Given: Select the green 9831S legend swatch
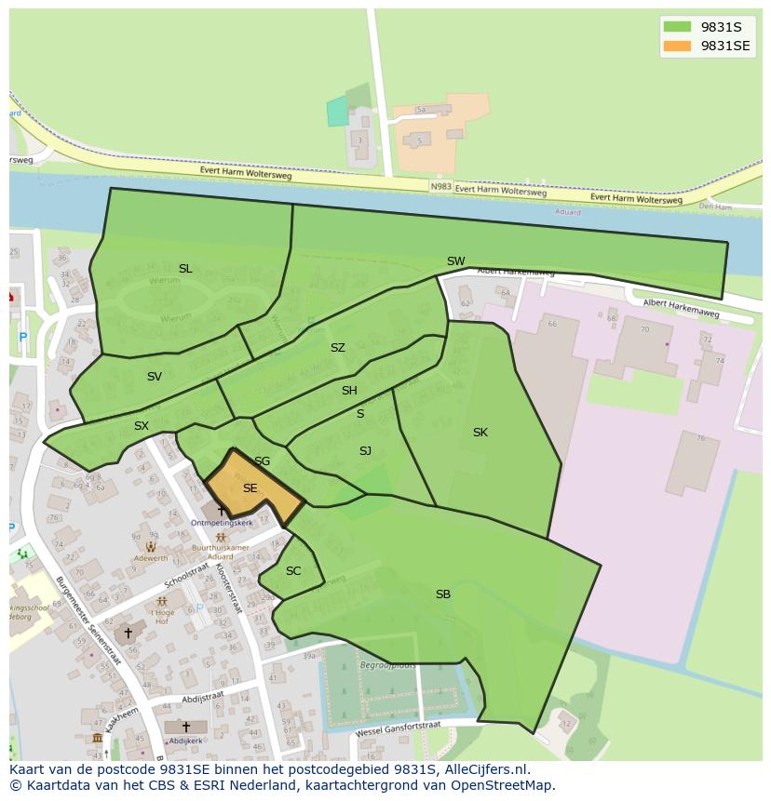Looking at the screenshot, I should click(678, 27).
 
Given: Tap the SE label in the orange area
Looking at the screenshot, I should click(250, 488).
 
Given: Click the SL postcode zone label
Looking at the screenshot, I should click(185, 269).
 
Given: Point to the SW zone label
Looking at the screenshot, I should click(455, 261).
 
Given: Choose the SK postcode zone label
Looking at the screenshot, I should click(480, 433).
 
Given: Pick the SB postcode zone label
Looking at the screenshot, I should click(443, 594).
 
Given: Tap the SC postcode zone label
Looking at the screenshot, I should click(293, 571).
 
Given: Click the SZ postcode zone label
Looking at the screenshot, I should click(337, 348).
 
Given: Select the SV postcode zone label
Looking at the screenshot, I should click(155, 377).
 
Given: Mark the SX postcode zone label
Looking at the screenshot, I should click(142, 426).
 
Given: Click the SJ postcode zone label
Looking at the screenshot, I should click(365, 451).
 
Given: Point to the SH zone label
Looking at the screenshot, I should click(349, 391).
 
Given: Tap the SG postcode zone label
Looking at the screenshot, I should click(262, 461).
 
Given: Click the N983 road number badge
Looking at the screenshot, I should click(441, 187).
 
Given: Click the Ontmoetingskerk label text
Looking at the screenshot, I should click(222, 523).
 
